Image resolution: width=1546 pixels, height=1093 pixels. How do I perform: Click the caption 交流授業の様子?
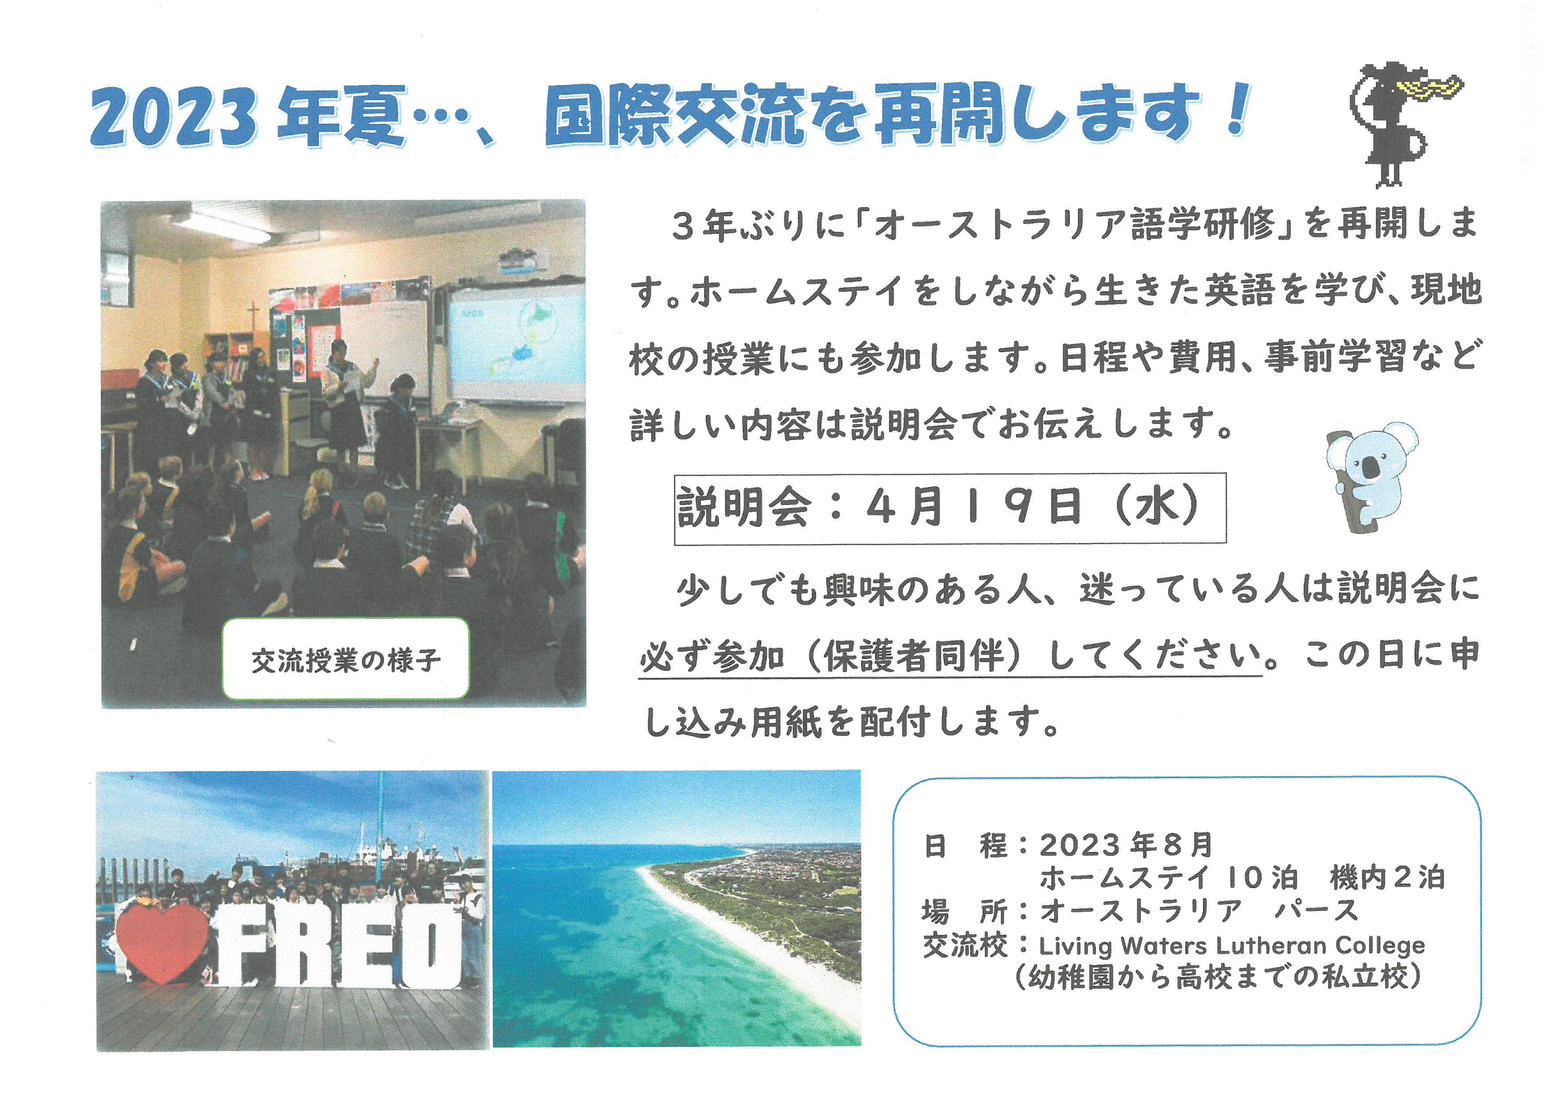(346, 661)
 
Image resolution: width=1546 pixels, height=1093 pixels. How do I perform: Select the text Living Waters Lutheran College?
(1232, 946)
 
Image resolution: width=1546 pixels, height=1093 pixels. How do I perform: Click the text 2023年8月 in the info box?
(1126, 845)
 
